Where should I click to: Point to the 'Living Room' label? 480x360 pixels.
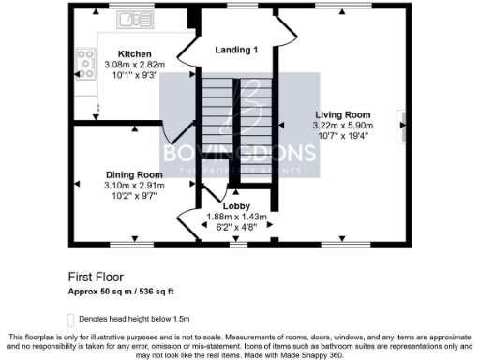click(x=343, y=113)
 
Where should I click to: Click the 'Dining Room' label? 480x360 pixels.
click(x=133, y=174)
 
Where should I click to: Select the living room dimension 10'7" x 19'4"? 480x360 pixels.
click(x=343, y=135)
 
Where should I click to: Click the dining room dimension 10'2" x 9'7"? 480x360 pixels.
click(x=133, y=196)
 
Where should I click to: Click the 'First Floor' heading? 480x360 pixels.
click(x=96, y=277)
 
